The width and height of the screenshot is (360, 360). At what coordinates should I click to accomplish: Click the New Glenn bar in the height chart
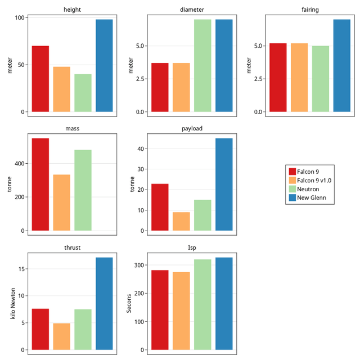click(104, 65)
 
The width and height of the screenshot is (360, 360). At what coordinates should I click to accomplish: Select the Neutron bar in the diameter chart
click(202, 65)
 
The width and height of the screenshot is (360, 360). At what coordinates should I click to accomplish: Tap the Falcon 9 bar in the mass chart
click(40, 184)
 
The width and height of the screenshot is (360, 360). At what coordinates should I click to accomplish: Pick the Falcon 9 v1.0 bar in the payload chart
click(181, 221)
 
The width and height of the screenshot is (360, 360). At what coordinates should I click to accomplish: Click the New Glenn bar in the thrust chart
click(104, 304)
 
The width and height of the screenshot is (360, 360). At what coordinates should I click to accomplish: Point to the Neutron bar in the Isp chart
click(202, 304)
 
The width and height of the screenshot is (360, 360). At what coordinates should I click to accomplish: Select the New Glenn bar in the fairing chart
click(342, 65)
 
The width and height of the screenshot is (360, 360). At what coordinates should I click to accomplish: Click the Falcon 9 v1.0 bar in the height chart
click(62, 89)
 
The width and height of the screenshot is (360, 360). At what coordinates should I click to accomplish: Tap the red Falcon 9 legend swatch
click(292, 172)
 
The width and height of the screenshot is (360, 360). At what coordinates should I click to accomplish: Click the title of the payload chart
click(192, 128)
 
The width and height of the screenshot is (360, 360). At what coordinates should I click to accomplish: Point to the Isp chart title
click(192, 247)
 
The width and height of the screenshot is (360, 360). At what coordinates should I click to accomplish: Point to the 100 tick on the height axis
click(20, 18)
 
